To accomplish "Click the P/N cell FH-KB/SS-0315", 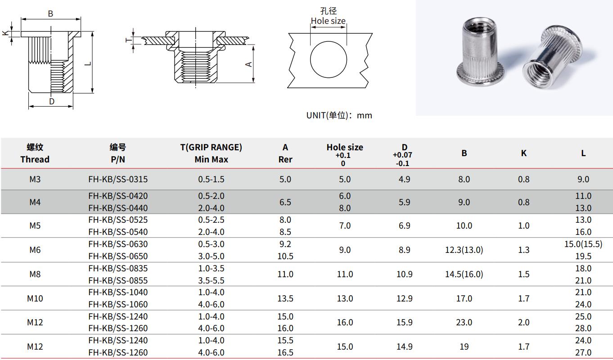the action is coord(118,179).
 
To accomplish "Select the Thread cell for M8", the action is coord(35,274).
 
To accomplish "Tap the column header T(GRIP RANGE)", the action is coord(211,147).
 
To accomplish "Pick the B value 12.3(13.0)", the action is coord(464,250).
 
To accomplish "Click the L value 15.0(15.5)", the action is coord(583,244).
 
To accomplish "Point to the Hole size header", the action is coord(345,147).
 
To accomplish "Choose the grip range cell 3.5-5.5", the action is coord(211,280).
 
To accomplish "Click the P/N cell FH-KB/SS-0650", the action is coord(118,256).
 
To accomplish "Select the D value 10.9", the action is coord(404,274).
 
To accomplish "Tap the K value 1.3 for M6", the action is coord(523,250).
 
